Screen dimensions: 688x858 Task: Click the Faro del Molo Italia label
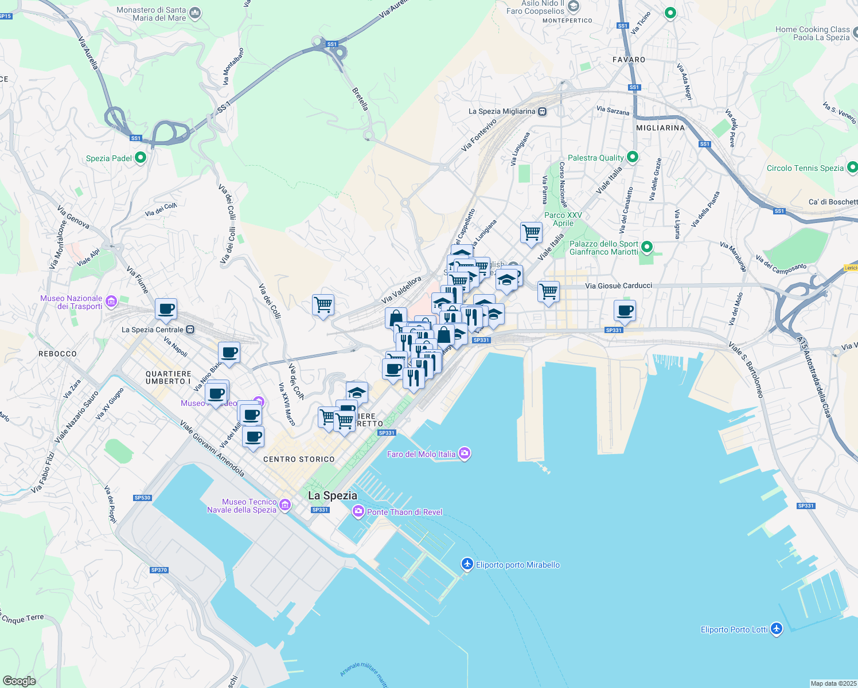click(x=422, y=454)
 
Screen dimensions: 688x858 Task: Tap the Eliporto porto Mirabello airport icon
click(x=467, y=565)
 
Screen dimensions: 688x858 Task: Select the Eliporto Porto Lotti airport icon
click(x=777, y=629)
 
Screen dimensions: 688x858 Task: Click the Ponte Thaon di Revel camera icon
click(x=358, y=511)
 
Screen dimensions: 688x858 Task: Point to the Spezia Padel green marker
click(x=141, y=158)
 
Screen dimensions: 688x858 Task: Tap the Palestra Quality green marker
click(x=633, y=157)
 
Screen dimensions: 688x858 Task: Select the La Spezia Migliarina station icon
click(x=542, y=111)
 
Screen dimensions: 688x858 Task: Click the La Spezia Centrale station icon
click(x=190, y=330)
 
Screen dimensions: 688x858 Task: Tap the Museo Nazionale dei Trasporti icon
click(x=111, y=301)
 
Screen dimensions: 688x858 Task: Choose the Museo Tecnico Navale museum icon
click(x=285, y=505)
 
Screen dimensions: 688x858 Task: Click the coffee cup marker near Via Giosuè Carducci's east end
click(x=625, y=311)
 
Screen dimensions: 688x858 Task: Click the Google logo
click(x=19, y=681)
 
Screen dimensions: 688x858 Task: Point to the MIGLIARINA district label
click(x=660, y=128)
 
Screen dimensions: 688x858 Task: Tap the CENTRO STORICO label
click(x=299, y=459)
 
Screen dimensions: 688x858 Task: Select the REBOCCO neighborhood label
click(x=57, y=354)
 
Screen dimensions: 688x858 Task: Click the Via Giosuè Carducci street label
click(x=618, y=286)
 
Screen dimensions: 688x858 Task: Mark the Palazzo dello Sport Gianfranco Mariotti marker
click(x=647, y=248)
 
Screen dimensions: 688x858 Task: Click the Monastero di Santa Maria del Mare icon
click(x=195, y=13)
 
